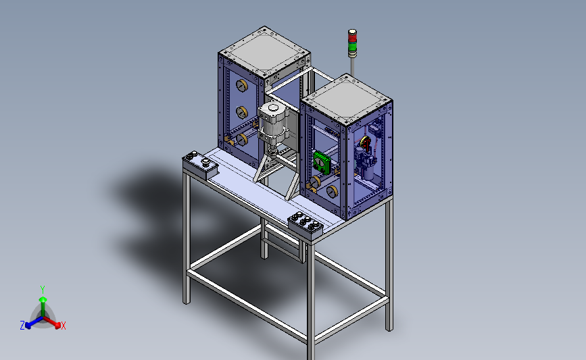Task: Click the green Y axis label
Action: [43, 290]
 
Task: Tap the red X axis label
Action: [63, 326]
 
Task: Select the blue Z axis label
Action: [22, 326]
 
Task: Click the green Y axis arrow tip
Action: [43, 299]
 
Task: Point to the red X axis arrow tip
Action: [57, 326]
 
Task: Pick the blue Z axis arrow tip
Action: [28, 326]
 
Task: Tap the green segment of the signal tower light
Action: [352, 47]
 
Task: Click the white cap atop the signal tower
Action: [352, 32]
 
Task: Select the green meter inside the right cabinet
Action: [322, 162]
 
